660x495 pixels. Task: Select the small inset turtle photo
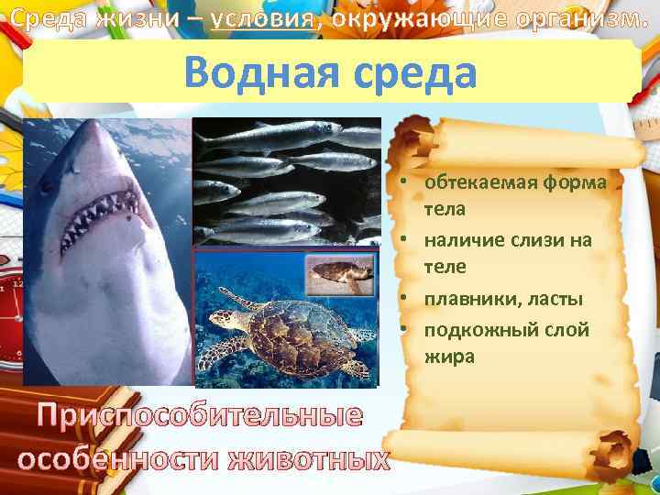coord(338,274)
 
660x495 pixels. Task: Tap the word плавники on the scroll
coord(467,299)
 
